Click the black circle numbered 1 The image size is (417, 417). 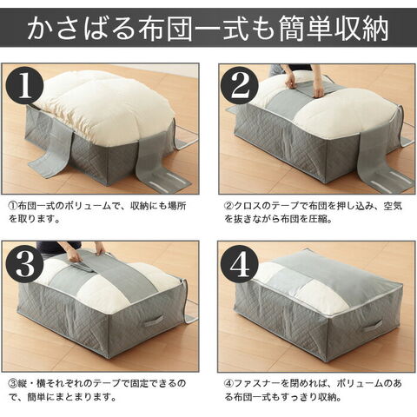pyautogui.click(x=25, y=86)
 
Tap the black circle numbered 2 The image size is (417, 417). pyautogui.click(x=239, y=86)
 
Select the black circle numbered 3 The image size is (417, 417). pyautogui.click(x=25, y=263)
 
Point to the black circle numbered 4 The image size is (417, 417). pyautogui.click(x=239, y=263)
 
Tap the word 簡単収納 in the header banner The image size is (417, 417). pyautogui.click(x=334, y=29)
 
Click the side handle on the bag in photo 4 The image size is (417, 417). pyautogui.click(x=372, y=328)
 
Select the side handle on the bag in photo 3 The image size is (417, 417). pyautogui.click(x=154, y=321)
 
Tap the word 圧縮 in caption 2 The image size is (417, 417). pyautogui.click(x=319, y=219)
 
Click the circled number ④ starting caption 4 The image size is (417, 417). pyautogui.click(x=228, y=383)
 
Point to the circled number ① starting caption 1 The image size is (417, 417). pyautogui.click(x=13, y=206)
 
